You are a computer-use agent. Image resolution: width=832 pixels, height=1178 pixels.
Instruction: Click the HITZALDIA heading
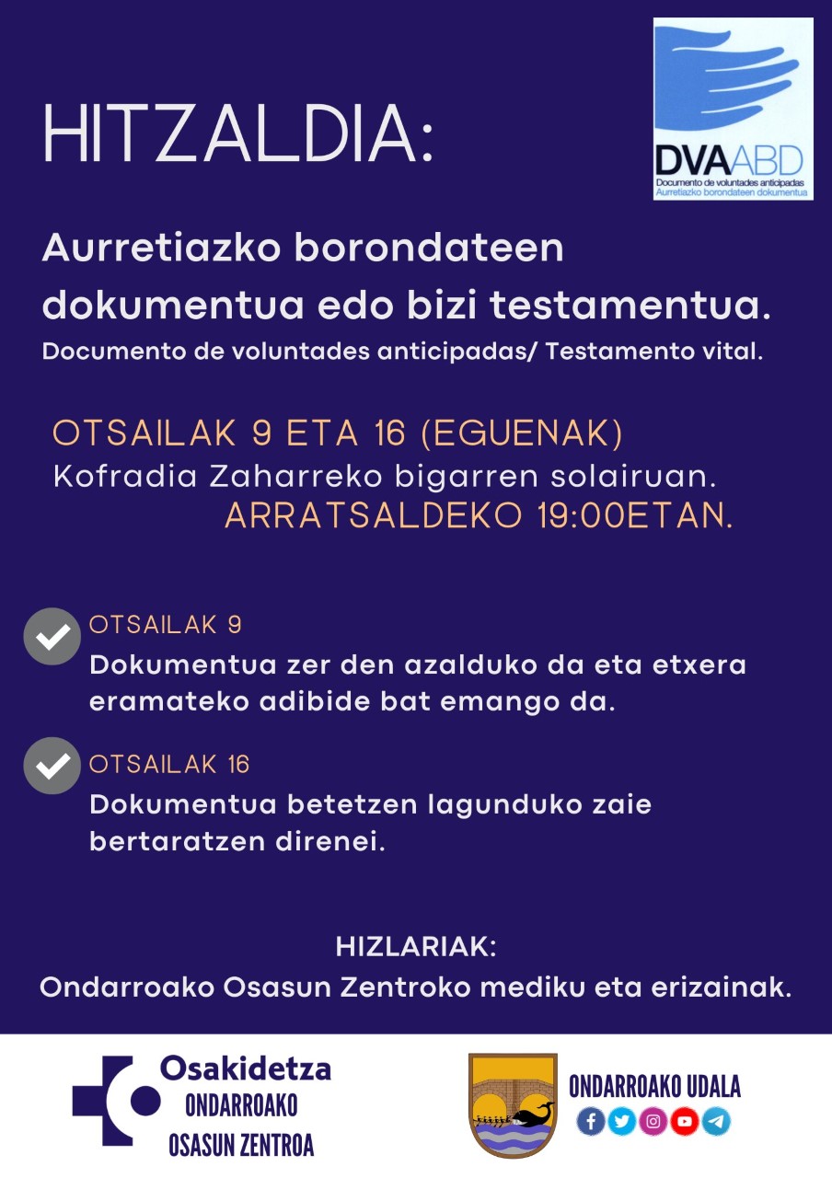pyautogui.click(x=237, y=136)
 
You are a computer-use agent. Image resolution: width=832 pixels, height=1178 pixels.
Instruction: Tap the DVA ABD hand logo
pyautogui.click(x=733, y=109)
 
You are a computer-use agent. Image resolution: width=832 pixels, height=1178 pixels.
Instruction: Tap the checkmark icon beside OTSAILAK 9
pyautogui.click(x=52, y=636)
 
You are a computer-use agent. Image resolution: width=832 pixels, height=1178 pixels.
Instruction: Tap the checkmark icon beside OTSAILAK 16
pyautogui.click(x=52, y=766)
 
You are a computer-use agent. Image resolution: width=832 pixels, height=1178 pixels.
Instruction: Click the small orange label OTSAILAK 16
pyautogui.click(x=169, y=765)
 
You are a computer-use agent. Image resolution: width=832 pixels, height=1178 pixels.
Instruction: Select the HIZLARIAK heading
pyautogui.click(x=416, y=947)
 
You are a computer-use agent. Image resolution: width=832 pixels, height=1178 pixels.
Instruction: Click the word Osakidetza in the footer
pyautogui.click(x=246, y=1068)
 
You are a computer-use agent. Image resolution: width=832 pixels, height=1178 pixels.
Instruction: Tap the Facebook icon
pyautogui.click(x=591, y=1121)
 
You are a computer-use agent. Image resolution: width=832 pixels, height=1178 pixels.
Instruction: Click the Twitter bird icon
pyautogui.click(x=622, y=1121)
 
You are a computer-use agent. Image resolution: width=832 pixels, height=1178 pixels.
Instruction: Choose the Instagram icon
pyautogui.click(x=653, y=1121)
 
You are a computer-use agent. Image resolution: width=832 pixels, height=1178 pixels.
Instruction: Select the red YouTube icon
pyautogui.click(x=685, y=1121)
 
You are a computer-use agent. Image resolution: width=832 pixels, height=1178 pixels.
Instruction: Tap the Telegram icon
pyautogui.click(x=716, y=1121)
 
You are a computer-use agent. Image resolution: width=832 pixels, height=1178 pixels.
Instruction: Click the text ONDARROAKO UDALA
pyautogui.click(x=654, y=1087)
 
